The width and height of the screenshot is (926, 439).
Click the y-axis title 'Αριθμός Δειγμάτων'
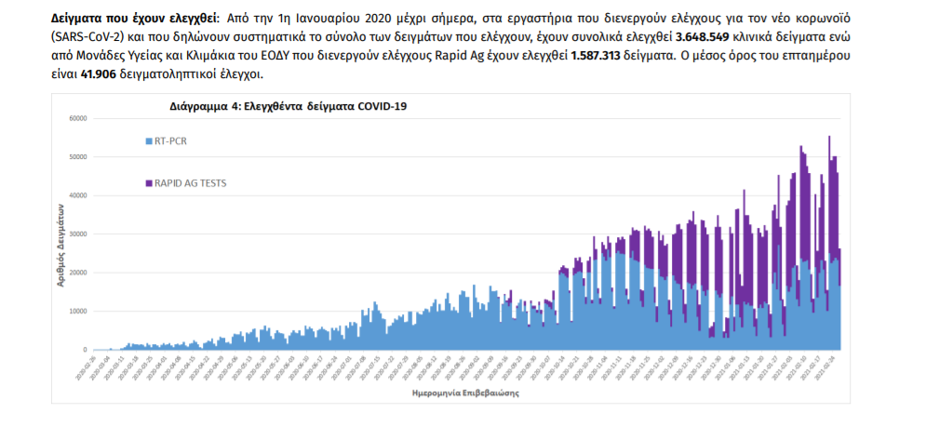(60, 246)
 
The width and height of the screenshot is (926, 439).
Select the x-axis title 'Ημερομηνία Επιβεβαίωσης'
(465, 393)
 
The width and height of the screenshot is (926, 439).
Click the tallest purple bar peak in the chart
(829, 138)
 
